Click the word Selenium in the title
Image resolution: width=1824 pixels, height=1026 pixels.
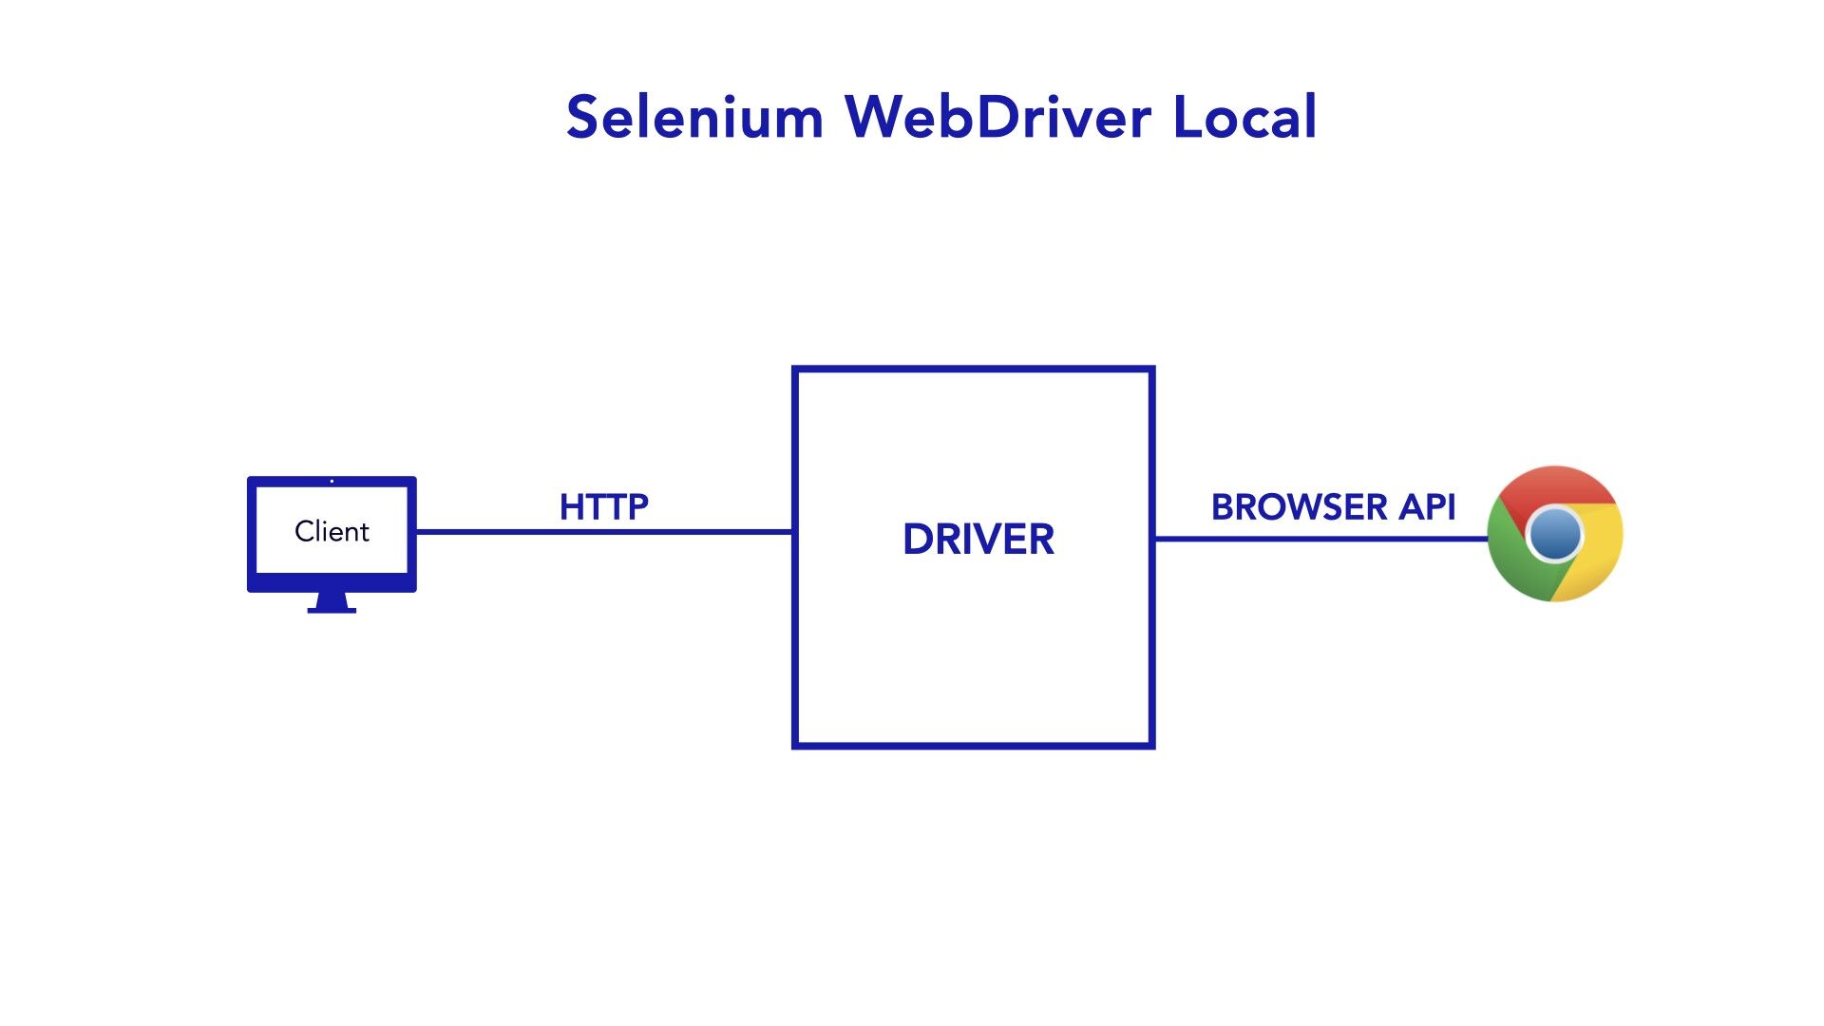pyautogui.click(x=693, y=118)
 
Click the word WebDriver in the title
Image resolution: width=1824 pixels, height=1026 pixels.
pyautogui.click(x=997, y=118)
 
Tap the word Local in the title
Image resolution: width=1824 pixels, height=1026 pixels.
pyautogui.click(x=1244, y=118)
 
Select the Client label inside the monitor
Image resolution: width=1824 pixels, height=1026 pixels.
pyautogui.click(x=332, y=531)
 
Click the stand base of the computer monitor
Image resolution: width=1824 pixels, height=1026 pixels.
pyautogui.click(x=332, y=609)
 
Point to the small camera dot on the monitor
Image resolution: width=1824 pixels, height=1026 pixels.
pyautogui.click(x=332, y=482)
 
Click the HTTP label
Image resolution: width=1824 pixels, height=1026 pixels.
pyautogui.click(x=604, y=507)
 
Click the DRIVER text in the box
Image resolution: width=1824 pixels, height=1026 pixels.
pyautogui.click(x=978, y=540)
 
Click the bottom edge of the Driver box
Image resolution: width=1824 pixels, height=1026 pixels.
pyautogui.click(x=974, y=746)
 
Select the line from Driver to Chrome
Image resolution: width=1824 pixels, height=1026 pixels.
pyautogui.click(x=1320, y=539)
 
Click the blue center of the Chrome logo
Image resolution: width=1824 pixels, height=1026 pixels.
pyautogui.click(x=1555, y=534)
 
